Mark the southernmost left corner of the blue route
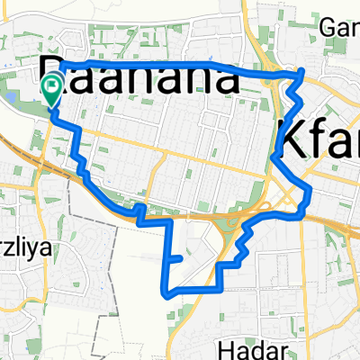[166, 292]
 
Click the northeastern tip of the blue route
[302, 71]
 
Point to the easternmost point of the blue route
[310, 189]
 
